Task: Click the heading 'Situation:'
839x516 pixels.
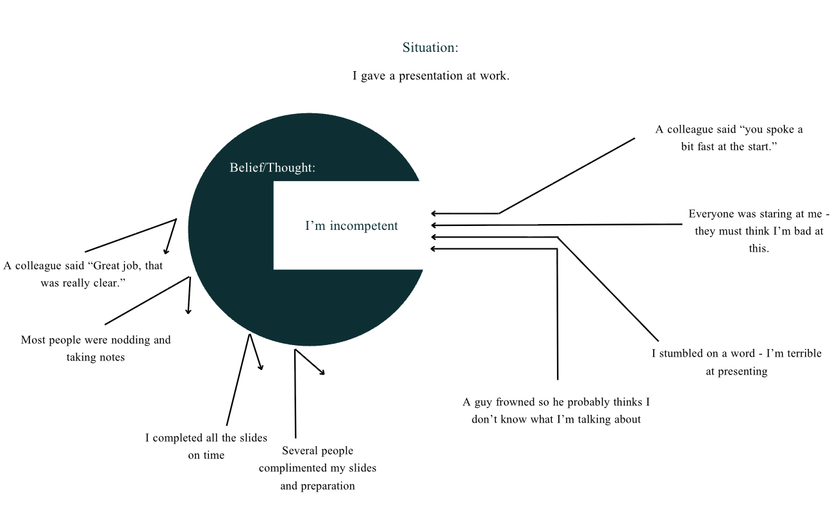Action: (430, 48)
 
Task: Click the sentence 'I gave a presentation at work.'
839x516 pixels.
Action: (431, 76)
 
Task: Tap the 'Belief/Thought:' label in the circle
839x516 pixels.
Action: (272, 168)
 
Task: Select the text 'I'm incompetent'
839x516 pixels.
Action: (351, 226)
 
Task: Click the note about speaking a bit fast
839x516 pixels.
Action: (729, 138)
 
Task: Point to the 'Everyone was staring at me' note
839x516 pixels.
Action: (759, 231)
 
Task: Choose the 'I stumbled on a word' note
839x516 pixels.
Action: (736, 362)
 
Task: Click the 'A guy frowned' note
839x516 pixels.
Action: (556, 411)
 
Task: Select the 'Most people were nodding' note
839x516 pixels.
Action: (96, 348)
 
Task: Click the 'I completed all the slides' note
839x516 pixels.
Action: (206, 446)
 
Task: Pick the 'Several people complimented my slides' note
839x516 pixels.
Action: (317, 468)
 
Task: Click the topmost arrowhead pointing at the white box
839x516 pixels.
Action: (434, 213)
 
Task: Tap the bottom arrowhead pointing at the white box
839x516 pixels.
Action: (434, 248)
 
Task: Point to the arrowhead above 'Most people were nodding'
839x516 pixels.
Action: (188, 310)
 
